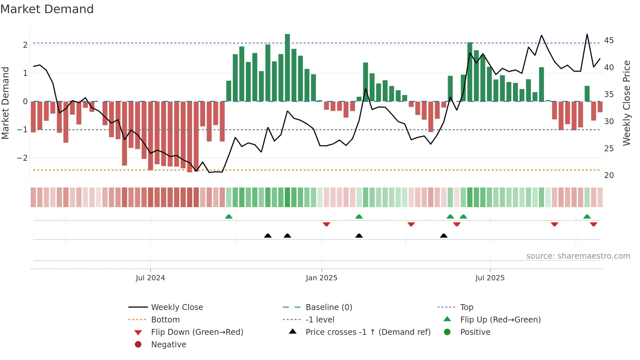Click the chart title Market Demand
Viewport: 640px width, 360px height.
47,9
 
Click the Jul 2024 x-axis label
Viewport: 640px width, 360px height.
150,278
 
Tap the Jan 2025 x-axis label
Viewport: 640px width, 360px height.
321,278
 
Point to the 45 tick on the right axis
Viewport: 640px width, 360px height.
609,41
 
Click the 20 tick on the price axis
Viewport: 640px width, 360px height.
609,175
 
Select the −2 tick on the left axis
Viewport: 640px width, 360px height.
22,158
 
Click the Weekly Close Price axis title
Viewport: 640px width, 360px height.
626,103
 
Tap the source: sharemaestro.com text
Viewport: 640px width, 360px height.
578,256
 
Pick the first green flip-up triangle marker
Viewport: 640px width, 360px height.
229,217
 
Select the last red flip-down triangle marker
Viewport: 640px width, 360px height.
593,224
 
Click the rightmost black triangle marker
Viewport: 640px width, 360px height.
443,236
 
